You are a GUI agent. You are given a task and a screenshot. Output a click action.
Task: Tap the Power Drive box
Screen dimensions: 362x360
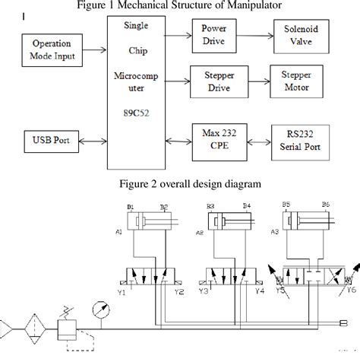[x=213, y=34]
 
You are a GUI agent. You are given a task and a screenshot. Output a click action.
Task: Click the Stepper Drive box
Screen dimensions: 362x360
[x=217, y=81]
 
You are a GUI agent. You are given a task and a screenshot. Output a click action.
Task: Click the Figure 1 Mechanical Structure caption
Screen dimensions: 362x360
[x=180, y=7]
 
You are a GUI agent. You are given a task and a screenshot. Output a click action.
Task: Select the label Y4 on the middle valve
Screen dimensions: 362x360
[x=259, y=290]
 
